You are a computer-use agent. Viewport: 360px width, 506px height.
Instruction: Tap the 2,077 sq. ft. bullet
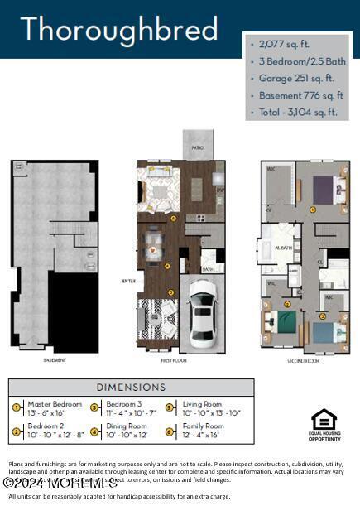[x=286, y=43]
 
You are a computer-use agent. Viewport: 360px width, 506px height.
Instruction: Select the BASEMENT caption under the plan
[x=55, y=361]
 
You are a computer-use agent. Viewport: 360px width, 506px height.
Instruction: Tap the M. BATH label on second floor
[x=284, y=246]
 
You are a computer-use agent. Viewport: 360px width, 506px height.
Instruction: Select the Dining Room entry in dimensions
[x=129, y=431]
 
